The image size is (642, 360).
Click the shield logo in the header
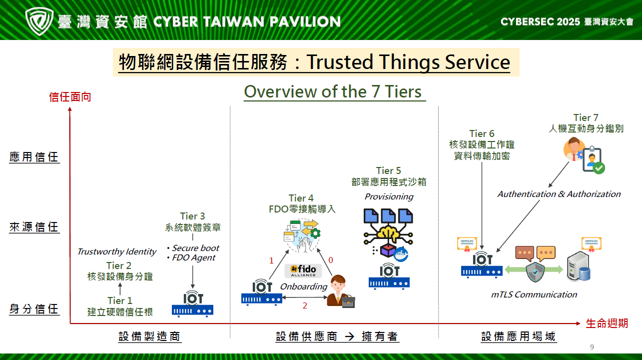[x=39, y=21]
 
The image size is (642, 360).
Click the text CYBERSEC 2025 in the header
[x=540, y=22]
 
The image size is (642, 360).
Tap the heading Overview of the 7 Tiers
[x=333, y=92]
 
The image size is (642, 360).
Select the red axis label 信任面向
[x=70, y=97]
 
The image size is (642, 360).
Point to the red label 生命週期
[x=607, y=323]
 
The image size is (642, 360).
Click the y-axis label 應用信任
[x=34, y=157]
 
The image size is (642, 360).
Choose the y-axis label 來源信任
[x=34, y=227]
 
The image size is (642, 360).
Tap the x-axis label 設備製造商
[x=149, y=336]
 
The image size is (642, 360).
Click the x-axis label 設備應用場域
[x=519, y=336]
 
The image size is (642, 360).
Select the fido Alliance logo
[x=303, y=271]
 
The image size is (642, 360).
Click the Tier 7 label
[x=586, y=117]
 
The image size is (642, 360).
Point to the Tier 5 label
[x=388, y=170]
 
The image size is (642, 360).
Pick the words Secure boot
[x=195, y=248]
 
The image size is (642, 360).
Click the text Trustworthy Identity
[x=117, y=251]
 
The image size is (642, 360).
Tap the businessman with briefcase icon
[x=341, y=291]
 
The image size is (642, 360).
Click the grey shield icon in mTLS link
[x=535, y=272]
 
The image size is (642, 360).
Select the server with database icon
[x=579, y=266]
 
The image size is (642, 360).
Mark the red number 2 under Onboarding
[x=305, y=305]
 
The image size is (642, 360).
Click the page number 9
[x=592, y=347]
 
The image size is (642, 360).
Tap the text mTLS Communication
[x=534, y=294]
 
